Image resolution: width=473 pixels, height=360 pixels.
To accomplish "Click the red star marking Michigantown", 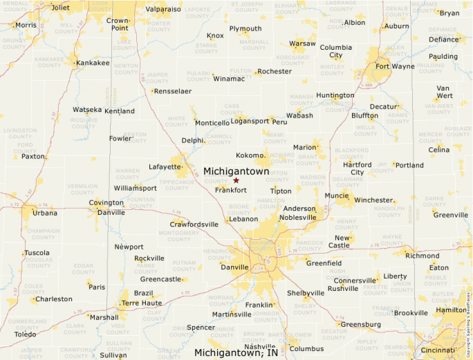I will pos(236,180).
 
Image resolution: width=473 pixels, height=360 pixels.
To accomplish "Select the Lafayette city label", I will pos(165,167).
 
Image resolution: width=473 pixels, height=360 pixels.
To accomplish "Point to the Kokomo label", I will pos(250,155).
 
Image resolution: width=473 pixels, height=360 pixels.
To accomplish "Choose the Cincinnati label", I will pos(438,350).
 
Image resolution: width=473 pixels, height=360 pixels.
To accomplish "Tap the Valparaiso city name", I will pos(163,10).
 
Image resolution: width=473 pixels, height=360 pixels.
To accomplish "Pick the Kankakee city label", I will pos(92,63).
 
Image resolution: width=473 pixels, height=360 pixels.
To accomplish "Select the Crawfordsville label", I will pos(194,224).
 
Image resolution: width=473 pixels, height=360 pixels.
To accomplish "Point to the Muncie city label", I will pos(337,196).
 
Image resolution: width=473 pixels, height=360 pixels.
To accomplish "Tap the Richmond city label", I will pos(422,256).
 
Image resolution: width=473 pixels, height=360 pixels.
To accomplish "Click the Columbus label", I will pos(306,349).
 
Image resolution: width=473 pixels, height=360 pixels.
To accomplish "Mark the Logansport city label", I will pos(250,121).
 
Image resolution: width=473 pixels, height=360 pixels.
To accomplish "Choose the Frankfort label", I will pos(231,190).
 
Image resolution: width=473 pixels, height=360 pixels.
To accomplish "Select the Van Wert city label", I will pos(443,92).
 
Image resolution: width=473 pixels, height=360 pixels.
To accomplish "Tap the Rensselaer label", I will pos(172,91).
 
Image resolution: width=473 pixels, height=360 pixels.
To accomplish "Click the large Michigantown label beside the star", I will pos(236,171).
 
